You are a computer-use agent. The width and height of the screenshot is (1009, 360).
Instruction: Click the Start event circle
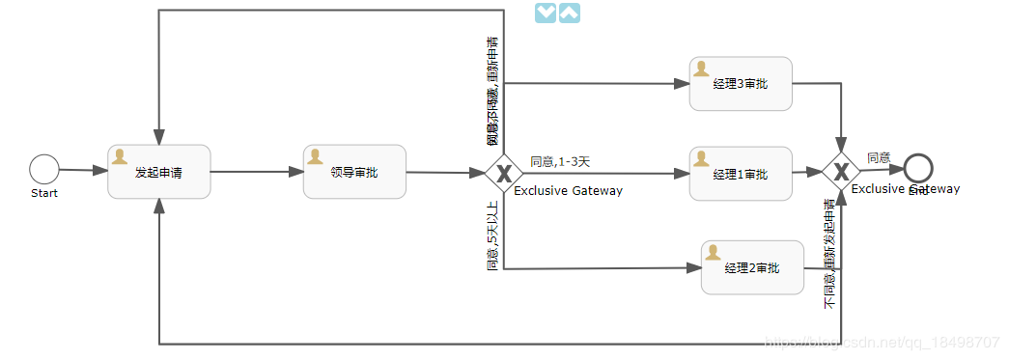43,170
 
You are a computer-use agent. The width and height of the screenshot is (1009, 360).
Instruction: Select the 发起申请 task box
159,172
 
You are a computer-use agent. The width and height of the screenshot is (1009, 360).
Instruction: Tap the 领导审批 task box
354,172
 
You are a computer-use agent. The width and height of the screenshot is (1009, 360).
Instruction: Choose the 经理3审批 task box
741,84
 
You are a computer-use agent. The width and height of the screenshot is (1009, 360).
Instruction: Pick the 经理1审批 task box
741,174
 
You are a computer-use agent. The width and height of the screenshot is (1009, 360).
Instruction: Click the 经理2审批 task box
752,267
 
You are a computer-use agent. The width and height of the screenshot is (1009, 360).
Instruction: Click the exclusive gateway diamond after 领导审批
503,174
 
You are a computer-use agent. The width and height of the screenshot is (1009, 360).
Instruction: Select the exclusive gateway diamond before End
841,172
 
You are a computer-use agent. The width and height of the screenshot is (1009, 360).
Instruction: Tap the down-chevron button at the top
546,13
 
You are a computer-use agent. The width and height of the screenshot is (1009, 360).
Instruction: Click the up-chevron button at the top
570,13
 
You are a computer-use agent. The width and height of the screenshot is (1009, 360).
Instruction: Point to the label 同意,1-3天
560,161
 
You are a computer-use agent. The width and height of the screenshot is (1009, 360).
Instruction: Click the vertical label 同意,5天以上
492,235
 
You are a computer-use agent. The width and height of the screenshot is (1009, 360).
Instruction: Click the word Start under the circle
43,193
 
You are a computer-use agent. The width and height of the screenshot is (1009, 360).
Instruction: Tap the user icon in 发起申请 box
121,156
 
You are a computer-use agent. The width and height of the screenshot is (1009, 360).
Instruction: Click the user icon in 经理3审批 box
702,69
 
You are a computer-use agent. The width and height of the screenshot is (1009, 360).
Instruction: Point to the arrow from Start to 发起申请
83,171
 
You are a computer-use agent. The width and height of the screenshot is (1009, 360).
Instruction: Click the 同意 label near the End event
879,157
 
